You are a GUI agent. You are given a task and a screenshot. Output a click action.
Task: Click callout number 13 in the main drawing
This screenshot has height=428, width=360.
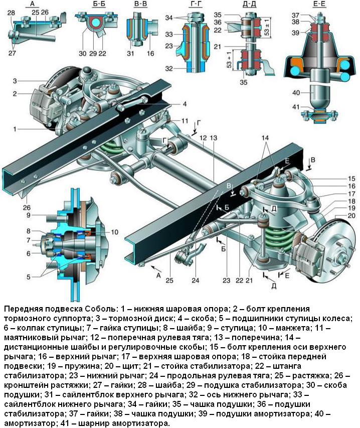pos(215,137)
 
